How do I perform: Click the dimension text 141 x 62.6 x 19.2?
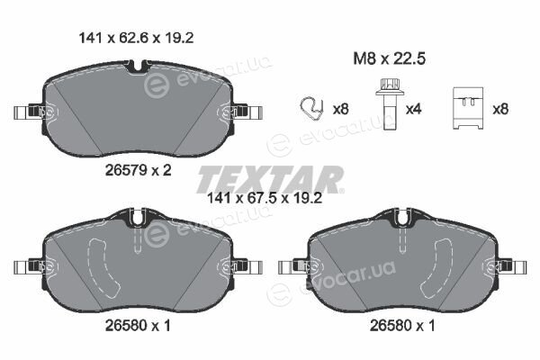pos(137,38)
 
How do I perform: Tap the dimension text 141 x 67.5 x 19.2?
pos(265,198)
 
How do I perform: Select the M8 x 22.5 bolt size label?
pos(389,58)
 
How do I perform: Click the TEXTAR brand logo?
pos(270,179)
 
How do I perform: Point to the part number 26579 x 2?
pos(138,170)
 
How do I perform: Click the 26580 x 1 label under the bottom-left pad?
pos(138,325)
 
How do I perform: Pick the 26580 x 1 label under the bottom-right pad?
pos(402,325)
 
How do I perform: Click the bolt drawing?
pos(388,104)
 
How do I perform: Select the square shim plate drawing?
pos(468,108)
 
